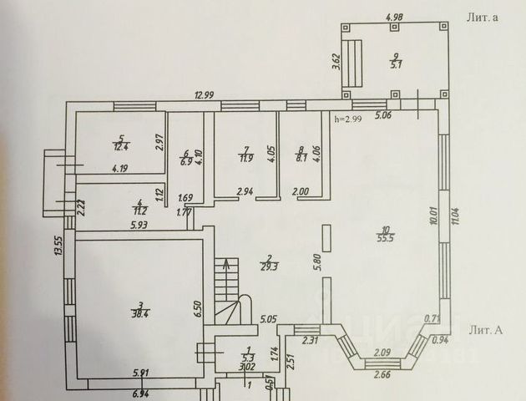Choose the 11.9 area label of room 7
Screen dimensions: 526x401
click(245, 157)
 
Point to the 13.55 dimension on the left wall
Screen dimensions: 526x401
click(58, 247)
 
